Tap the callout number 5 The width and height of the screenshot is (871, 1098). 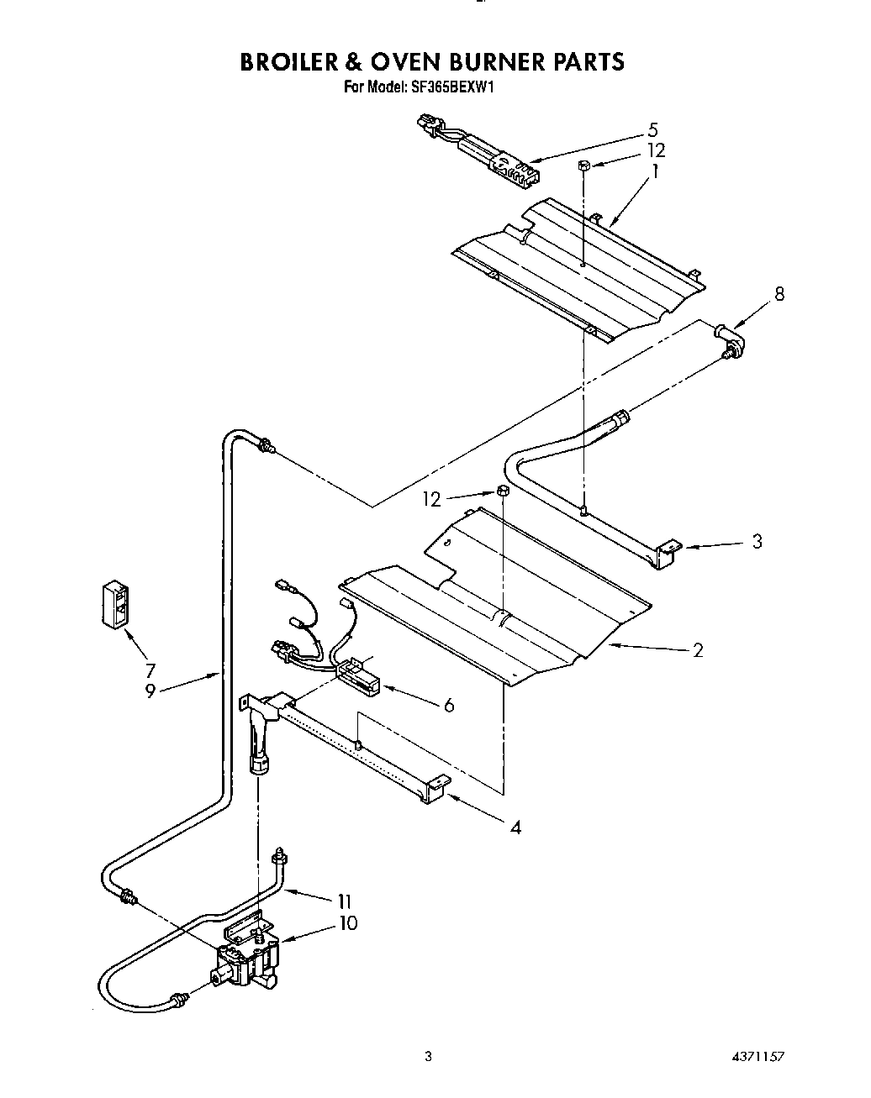click(x=652, y=130)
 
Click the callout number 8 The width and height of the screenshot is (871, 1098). click(x=779, y=295)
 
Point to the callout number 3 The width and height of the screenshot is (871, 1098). click(x=757, y=542)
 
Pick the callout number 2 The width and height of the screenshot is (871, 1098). click(x=697, y=649)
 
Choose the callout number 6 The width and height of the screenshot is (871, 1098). click(x=448, y=706)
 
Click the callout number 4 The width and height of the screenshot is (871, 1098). click(x=515, y=828)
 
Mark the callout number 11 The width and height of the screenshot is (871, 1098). click(x=344, y=902)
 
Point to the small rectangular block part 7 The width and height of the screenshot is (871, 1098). click(x=114, y=604)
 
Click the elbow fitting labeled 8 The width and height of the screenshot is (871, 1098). click(x=731, y=339)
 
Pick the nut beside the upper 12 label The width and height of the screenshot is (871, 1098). click(x=583, y=165)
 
